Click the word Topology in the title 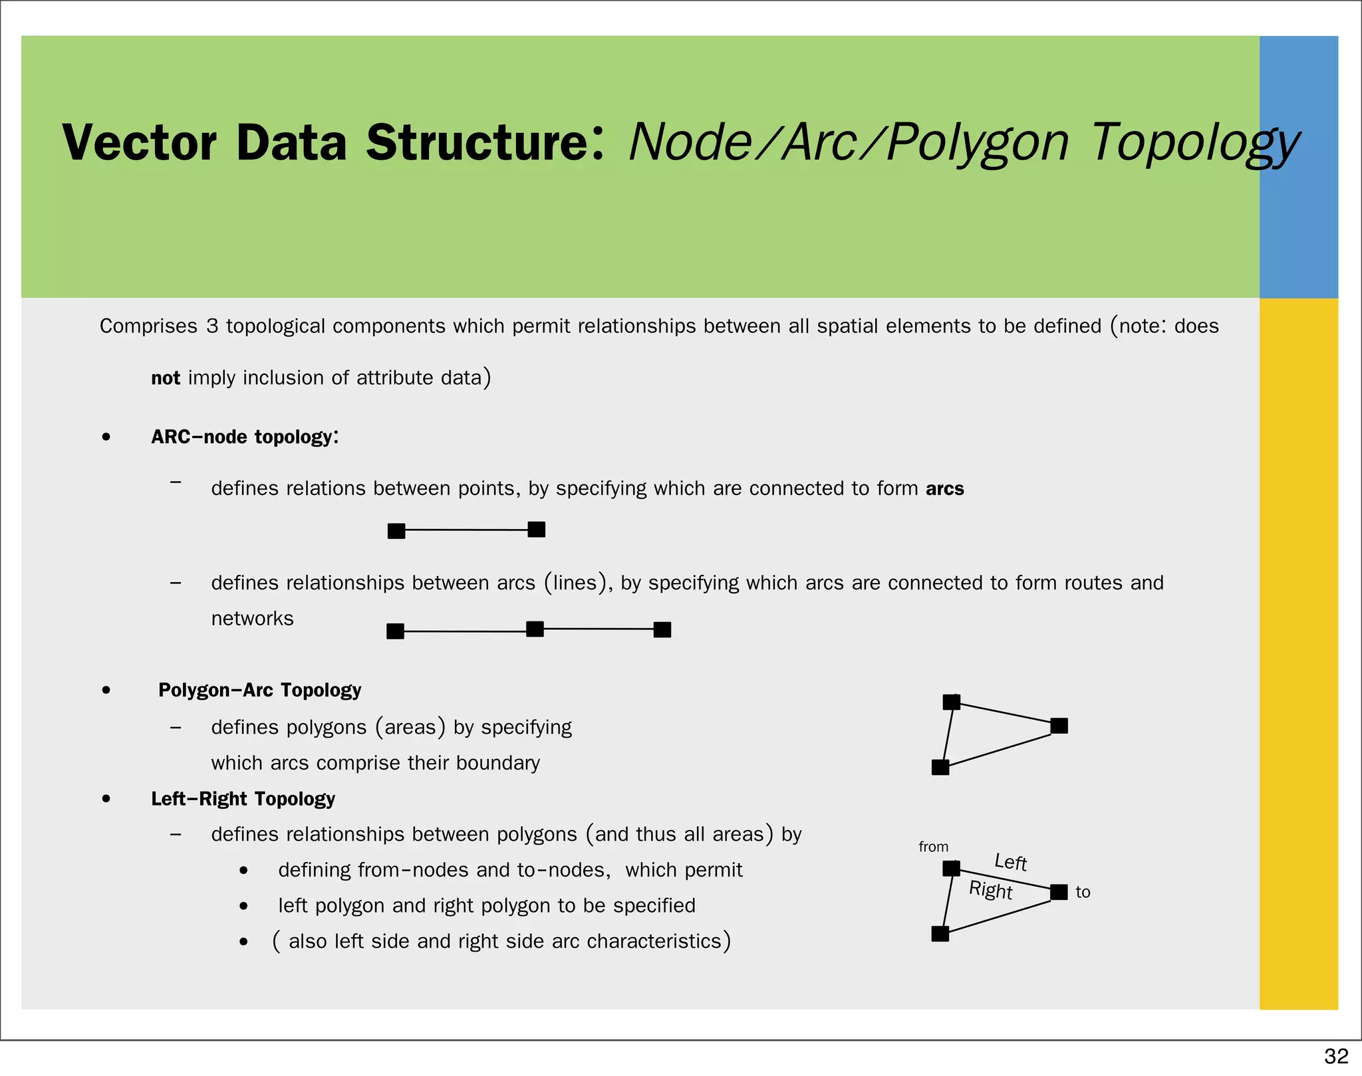pos(1194,143)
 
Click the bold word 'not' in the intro pos(166,378)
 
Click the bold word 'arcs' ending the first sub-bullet pos(944,488)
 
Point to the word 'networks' pos(252,619)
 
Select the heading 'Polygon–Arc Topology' pos(259,690)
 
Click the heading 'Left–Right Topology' pos(243,798)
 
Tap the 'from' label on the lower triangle pos(933,847)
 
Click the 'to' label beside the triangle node pos(1083,892)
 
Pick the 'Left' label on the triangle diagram pos(1011,862)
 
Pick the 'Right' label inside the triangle pos(990,890)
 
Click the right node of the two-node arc pos(537,530)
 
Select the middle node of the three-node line pos(535,629)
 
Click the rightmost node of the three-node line pos(662,629)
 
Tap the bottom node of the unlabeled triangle pos(940,768)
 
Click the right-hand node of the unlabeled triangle pos(1059,726)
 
